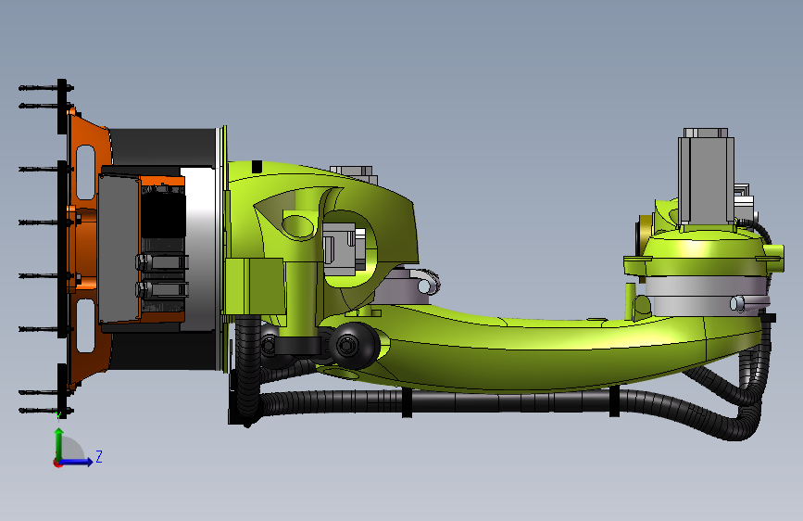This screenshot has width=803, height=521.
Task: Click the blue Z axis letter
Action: pos(99,456)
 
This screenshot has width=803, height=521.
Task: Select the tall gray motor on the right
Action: pos(706,176)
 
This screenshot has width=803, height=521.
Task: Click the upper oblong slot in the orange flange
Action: pos(85,172)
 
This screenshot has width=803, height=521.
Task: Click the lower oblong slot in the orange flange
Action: pos(85,326)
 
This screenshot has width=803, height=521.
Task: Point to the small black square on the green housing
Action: pos(257,167)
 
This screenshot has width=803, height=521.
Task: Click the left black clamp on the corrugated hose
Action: pos(407,402)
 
